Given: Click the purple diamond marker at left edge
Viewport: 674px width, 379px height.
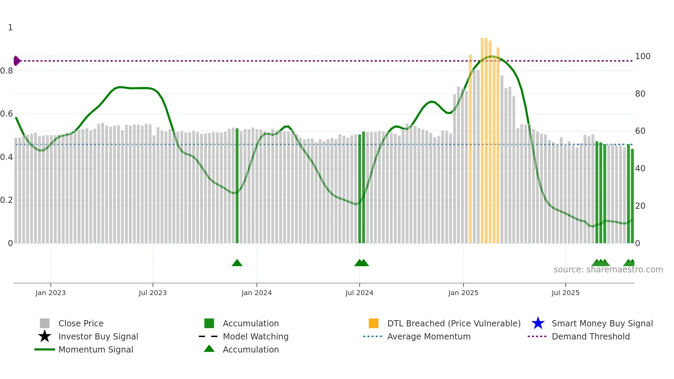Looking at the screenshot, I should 17,61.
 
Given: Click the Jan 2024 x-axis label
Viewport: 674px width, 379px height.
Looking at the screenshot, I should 257,293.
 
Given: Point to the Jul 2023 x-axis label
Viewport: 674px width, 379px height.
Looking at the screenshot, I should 153,293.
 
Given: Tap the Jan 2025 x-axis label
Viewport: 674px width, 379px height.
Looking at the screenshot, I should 463,293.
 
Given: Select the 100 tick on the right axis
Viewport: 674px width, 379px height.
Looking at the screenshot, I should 643,56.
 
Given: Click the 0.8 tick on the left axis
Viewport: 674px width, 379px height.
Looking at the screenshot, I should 7,71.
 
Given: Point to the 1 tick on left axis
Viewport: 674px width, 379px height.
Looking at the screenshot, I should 10,28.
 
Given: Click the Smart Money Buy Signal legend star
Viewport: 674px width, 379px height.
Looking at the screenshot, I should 538,323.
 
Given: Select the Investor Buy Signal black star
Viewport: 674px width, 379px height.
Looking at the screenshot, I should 45,336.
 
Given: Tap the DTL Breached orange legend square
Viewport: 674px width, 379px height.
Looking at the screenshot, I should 373,323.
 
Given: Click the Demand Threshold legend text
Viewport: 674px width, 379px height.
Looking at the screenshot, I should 590,336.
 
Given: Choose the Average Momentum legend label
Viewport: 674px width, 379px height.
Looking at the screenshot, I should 429,336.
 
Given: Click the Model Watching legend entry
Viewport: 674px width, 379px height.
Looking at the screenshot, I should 256,336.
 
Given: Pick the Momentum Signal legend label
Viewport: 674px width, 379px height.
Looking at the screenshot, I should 96,349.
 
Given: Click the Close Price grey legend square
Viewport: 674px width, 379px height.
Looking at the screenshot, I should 45,323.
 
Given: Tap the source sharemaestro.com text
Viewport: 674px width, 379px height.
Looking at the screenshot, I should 608,270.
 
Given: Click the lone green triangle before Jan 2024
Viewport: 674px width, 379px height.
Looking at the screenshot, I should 237,263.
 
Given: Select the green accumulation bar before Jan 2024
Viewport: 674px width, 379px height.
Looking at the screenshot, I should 237,186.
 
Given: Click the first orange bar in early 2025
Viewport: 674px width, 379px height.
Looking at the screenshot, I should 470,148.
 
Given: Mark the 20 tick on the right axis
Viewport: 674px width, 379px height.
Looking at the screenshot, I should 640,206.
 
